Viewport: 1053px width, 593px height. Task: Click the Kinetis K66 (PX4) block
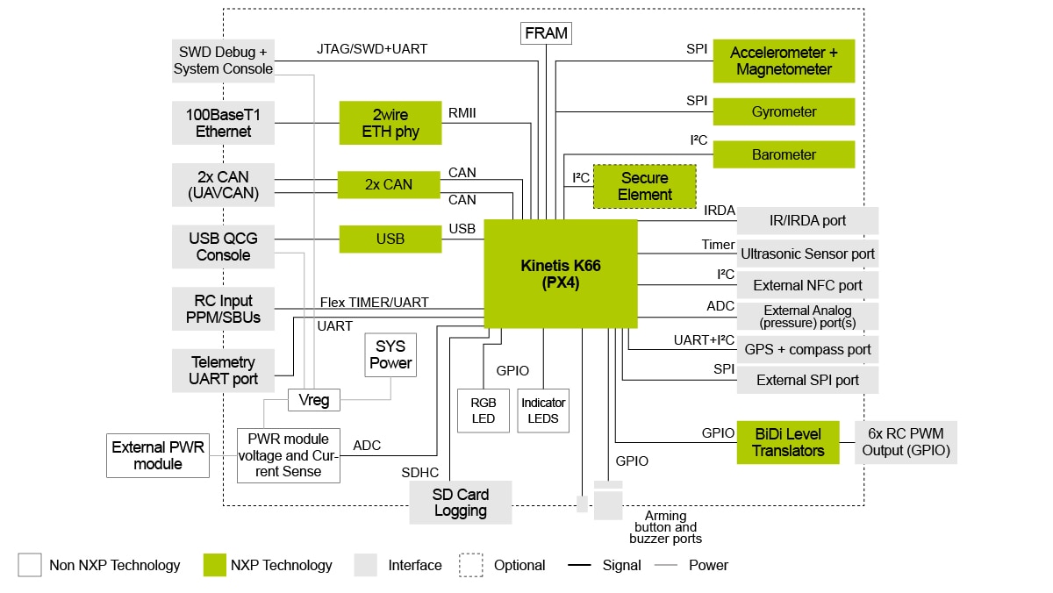(x=560, y=274)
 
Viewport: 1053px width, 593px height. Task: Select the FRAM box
(x=547, y=34)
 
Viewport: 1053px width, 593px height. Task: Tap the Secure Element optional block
(x=644, y=186)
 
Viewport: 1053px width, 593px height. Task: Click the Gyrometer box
(x=784, y=112)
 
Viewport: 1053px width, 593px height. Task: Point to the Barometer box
(x=784, y=154)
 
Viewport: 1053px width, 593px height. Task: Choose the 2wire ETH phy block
(x=390, y=123)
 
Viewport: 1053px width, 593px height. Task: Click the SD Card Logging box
(x=460, y=503)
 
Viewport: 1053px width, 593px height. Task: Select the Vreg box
(x=313, y=400)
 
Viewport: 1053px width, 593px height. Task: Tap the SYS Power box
(x=390, y=354)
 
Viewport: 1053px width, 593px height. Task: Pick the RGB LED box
(x=483, y=411)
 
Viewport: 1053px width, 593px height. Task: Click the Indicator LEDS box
(x=543, y=411)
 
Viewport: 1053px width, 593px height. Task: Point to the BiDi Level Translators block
(x=788, y=442)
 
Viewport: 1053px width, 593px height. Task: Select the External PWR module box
(x=158, y=455)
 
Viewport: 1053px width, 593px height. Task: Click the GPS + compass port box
(x=807, y=349)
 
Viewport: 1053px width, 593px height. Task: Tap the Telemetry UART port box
(x=223, y=370)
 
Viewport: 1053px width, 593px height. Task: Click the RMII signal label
(x=462, y=112)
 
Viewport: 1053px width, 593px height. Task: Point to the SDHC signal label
(x=419, y=473)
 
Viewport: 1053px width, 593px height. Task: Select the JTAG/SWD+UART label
(x=372, y=49)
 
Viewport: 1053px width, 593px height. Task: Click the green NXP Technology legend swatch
(x=214, y=565)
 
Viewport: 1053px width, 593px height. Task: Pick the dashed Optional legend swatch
(x=471, y=565)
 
